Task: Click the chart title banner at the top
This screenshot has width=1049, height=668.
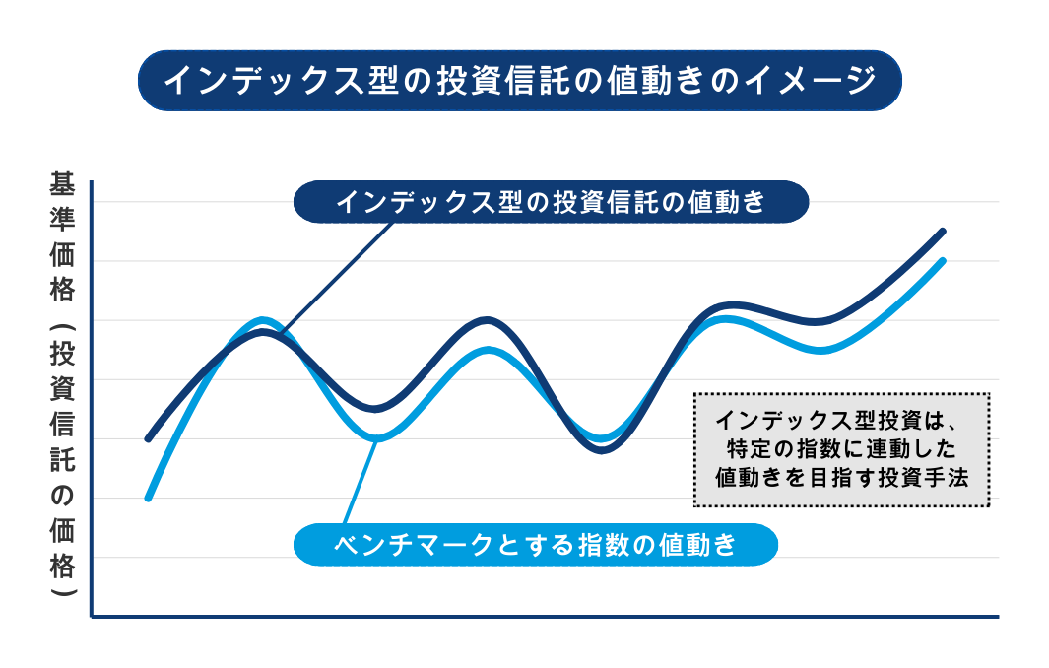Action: pos(520,81)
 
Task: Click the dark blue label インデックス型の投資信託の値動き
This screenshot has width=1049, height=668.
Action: pos(552,201)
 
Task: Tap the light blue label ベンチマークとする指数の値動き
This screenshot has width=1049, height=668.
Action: pos(535,544)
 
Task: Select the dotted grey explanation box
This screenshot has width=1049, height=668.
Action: pos(841,449)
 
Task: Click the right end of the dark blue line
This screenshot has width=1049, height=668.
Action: pos(943,232)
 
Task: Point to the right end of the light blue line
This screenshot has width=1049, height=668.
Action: pos(943,260)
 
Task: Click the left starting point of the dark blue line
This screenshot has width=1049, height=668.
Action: pos(148,439)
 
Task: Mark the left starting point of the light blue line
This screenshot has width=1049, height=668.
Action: pos(148,498)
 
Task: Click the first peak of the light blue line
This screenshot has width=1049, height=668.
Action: pos(262,320)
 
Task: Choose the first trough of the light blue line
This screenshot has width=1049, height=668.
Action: pos(377,438)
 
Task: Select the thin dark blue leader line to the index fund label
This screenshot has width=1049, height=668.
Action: pos(337,278)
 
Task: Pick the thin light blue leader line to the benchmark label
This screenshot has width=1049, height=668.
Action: pos(361,481)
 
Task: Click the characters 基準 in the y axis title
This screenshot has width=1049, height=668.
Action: pos(61,201)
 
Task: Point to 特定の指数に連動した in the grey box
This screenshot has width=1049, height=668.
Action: pos(841,448)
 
